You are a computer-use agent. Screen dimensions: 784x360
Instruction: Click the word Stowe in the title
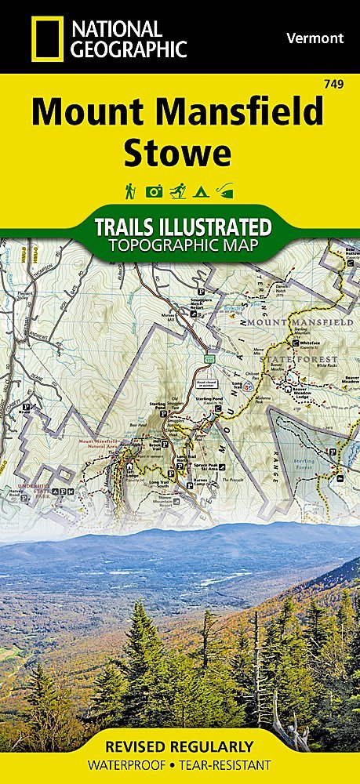point(178,151)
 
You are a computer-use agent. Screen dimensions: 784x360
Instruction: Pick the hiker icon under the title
point(129,191)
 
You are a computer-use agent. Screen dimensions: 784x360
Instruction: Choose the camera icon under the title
point(155,191)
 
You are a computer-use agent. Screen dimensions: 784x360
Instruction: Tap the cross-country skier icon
point(178,191)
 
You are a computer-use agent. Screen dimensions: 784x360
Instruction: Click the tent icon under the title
point(202,191)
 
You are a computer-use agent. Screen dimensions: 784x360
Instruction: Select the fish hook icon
point(227,191)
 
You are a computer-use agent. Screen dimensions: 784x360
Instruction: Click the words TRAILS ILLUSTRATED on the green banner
point(183,228)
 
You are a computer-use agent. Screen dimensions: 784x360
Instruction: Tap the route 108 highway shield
point(210,337)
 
